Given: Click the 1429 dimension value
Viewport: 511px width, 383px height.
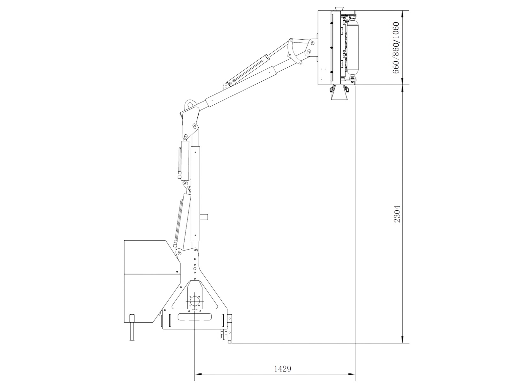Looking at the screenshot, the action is [x=283, y=369].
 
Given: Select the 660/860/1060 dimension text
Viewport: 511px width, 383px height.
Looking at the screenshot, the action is [x=396, y=48].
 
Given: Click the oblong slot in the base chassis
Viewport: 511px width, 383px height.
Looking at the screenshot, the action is [x=194, y=316].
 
